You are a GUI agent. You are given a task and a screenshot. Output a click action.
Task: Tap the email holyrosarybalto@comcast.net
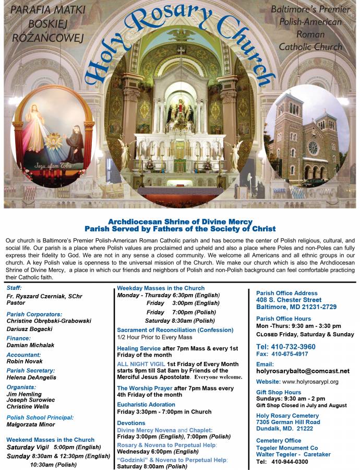[303, 371]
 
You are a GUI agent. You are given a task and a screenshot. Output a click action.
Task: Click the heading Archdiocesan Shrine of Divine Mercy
[180, 221]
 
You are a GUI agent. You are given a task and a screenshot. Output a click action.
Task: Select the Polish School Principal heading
[40, 417]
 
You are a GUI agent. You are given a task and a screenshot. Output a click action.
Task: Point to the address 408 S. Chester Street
[289, 300]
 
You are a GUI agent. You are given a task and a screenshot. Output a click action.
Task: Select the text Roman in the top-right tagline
[310, 34]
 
